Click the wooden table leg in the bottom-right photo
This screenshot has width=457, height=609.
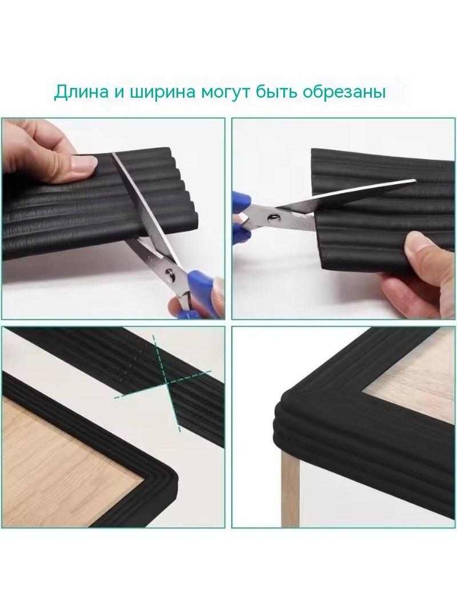290,490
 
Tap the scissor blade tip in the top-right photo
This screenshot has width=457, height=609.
415,180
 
